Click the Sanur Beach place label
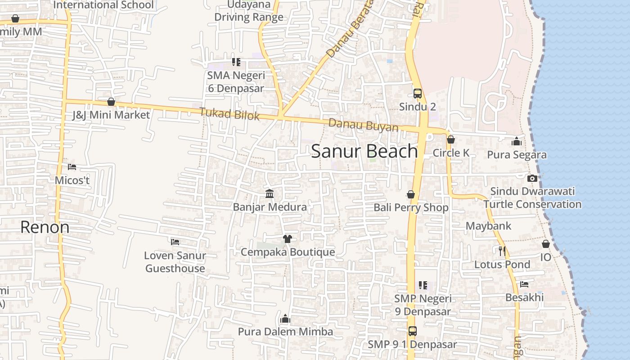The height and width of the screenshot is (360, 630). coord(364,151)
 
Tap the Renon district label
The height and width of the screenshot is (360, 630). coord(45,227)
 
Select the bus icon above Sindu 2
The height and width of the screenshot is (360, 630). coord(418,94)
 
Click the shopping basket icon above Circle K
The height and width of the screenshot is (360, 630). coord(451,139)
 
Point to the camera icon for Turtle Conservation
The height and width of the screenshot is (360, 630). coord(532,178)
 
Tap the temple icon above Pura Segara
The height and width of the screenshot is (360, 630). coord(517,141)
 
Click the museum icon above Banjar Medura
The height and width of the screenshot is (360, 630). coord(270,193)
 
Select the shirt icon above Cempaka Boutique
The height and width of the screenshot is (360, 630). coord(288,238)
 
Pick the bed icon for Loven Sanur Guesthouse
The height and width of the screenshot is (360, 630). coord(175,242)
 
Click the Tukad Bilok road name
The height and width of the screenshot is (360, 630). coord(229,114)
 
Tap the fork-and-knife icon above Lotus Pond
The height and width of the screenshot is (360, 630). coord(502,251)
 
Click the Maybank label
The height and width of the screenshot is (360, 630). coord(488,226)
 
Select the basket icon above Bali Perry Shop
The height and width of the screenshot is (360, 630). coord(411,194)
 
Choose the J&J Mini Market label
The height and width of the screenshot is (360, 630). coord(111,115)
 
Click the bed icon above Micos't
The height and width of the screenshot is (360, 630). coord(72,167)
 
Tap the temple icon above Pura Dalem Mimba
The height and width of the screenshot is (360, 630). coord(285,319)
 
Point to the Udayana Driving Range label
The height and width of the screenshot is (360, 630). coord(249,11)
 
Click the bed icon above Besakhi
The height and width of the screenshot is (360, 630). coord(524,284)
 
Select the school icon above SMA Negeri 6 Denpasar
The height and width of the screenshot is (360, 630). coord(236,62)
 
